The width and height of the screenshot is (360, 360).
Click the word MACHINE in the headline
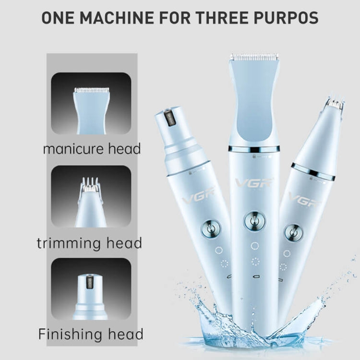coord(117,17)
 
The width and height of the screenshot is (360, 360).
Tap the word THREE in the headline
coord(222,17)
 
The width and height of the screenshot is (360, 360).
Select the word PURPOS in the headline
coord(286,17)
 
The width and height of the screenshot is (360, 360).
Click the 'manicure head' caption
coord(92,149)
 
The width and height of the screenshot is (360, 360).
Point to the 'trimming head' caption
coord(89,243)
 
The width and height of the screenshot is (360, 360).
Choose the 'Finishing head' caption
coord(91,334)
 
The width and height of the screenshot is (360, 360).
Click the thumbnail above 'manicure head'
coord(91,104)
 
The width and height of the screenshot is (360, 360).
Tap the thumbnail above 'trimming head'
coord(91,196)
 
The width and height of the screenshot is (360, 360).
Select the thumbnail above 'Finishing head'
coord(91,289)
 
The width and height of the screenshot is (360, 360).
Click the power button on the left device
coord(211,230)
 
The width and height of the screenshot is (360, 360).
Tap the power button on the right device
coord(294,233)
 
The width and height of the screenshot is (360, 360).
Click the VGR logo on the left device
coord(199,195)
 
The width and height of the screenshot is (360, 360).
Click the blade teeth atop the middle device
coord(254,57)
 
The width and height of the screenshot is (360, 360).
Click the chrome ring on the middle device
coord(254,149)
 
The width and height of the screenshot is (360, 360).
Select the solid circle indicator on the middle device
coord(254,246)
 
